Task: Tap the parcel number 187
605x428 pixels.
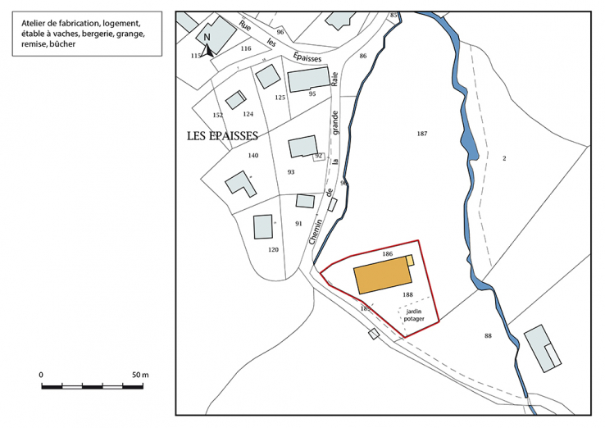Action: coord(422,133)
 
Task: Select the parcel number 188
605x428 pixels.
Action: coord(407,294)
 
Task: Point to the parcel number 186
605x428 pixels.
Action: coord(388,255)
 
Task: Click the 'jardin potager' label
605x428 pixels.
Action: coord(414,315)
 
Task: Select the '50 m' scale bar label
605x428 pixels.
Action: coord(140,374)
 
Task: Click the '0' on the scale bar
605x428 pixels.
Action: coord(41,374)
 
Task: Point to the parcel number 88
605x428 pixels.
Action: coord(488,335)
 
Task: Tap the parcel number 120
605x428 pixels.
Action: coord(273,249)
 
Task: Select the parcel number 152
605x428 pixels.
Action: coord(218,116)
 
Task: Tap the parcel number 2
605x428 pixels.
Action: coord(504,158)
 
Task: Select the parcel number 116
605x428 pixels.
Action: coord(246,49)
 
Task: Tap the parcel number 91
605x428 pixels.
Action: coord(298,223)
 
